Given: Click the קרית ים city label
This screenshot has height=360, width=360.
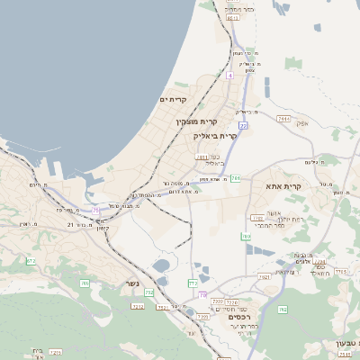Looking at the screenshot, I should pyautogui.click(x=173, y=99).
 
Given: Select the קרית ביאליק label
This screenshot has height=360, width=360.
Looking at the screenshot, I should pyautogui.click(x=215, y=136).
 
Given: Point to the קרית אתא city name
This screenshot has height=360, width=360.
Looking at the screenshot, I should pyautogui.click(x=284, y=186).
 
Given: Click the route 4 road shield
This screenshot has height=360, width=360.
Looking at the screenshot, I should pyautogui.click(x=229, y=76).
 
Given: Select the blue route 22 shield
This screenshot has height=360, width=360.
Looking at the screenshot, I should pyautogui.click(x=243, y=126).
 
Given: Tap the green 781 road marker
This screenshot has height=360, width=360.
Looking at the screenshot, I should pyautogui.click(x=235, y=178).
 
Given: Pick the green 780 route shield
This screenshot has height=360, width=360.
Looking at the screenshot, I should pyautogui.click(x=245, y=237).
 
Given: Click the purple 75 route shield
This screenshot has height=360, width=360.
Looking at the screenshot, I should pyautogui.click(x=96, y=211).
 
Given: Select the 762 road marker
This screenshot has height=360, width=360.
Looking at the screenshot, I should pyautogui.click(x=283, y=310).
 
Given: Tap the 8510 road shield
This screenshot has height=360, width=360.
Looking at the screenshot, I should pyautogui.click(x=233, y=17).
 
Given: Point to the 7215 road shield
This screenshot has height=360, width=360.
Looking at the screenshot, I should pyautogui.click(x=56, y=353).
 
